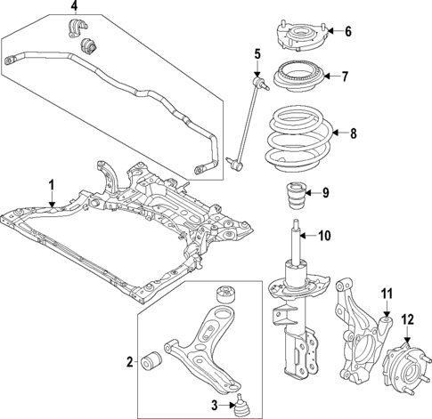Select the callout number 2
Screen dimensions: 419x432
[x=130, y=361]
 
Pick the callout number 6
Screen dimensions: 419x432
[x=347, y=32]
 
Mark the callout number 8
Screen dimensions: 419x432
[x=354, y=134]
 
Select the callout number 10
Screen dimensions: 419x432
[x=324, y=236]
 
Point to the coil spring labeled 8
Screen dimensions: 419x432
[x=303, y=138]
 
